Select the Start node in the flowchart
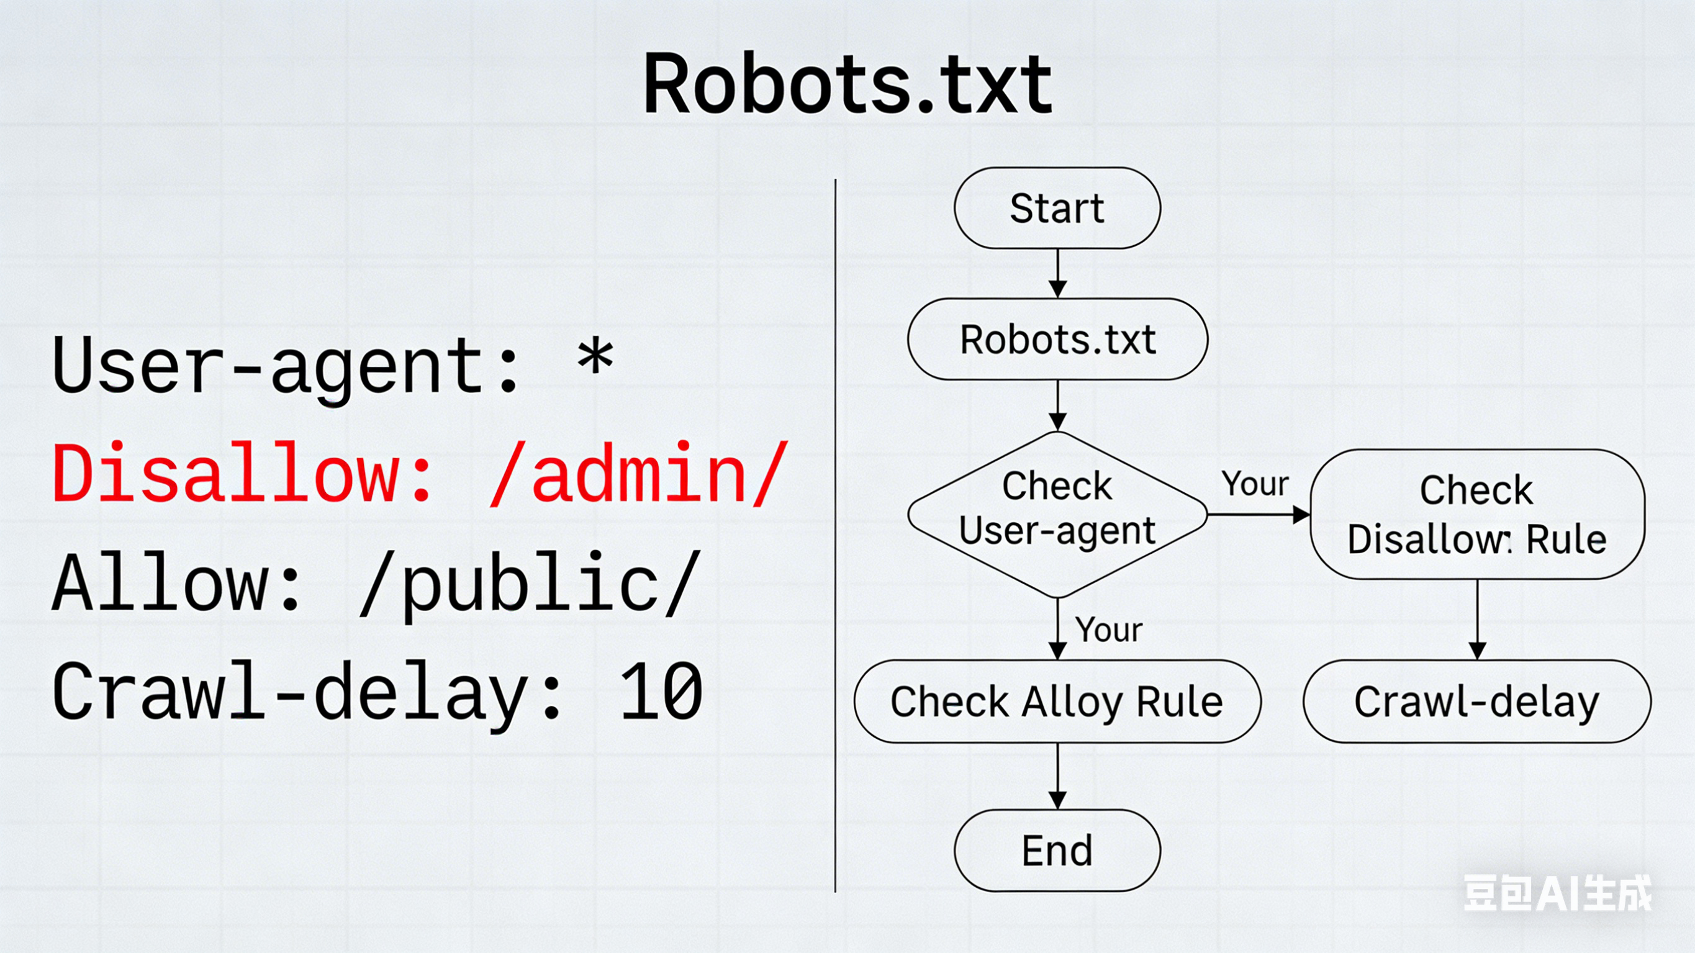[1057, 208]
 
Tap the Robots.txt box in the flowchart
[1057, 339]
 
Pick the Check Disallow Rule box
[1476, 515]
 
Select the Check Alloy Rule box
[1057, 702]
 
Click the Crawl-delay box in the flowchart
[1476, 702]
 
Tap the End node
[1057, 851]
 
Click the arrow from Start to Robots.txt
[1057, 273]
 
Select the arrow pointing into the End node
[1057, 777]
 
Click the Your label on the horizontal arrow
[1255, 484]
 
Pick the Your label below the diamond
[1109, 630]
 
